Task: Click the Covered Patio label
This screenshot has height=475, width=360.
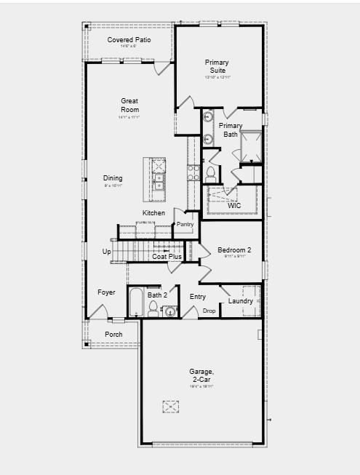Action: pos(129,39)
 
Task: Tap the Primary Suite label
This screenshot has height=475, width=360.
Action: pos(217,67)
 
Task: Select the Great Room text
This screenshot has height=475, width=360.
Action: pos(129,105)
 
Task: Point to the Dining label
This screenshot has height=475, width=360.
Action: pos(113,178)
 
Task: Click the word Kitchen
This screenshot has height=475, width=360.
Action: pos(153,213)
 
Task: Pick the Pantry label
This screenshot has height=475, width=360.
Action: pos(185,225)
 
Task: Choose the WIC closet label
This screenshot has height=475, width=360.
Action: pos(233,206)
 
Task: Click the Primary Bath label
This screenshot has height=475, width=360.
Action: pos(231,130)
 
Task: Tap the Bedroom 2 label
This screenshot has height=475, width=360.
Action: pos(233,251)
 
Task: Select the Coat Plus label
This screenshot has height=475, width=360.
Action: pos(167,257)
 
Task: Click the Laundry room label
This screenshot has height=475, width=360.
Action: pos(240,301)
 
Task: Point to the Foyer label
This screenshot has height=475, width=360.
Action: pos(107,292)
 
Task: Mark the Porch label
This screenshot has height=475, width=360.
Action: pos(113,335)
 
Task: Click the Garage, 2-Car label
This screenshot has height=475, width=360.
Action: pos(203,376)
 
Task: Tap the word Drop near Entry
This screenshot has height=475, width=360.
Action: pos(209,311)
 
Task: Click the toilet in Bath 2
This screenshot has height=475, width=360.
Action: pos(153,311)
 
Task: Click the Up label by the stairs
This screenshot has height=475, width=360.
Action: pos(107,252)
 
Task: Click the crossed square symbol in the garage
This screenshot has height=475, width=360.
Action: pos(171,407)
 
